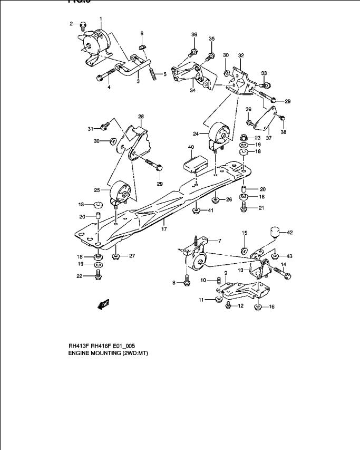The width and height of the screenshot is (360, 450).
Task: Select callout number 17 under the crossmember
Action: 164,229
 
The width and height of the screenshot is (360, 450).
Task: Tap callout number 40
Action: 190,147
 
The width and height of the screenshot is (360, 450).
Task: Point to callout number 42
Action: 289,232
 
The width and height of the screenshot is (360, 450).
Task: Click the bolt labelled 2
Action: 83,24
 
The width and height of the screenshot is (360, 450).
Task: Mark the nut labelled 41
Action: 196,211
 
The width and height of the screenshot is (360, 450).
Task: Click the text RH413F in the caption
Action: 79,346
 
